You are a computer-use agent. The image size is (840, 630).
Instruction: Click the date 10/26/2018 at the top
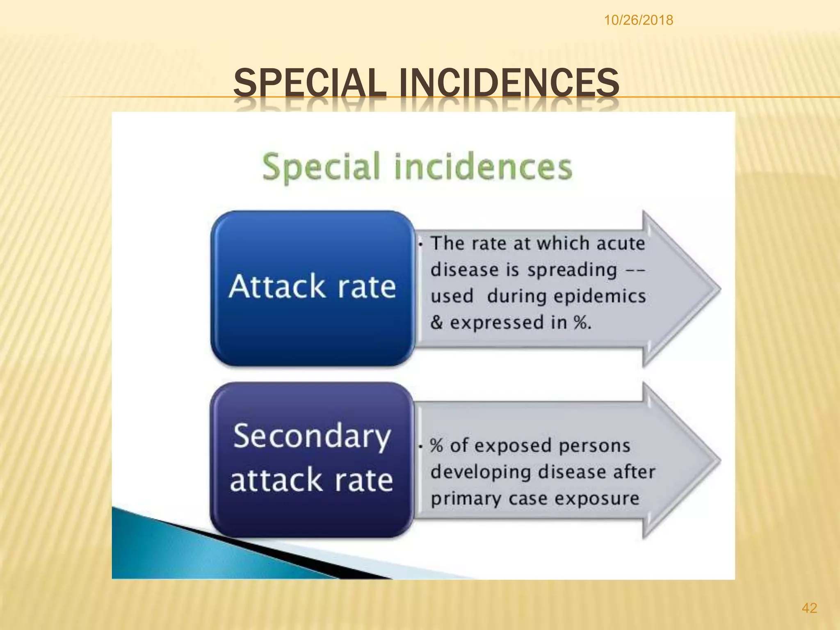(x=638, y=20)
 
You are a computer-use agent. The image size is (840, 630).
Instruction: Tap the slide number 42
(x=809, y=607)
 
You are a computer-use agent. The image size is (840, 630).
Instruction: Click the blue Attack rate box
(x=312, y=287)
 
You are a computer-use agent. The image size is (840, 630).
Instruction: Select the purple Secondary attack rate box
(x=311, y=459)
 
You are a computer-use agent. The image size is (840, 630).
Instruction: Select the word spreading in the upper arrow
(x=572, y=270)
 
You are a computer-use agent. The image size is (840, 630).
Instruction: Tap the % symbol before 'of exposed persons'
(x=436, y=446)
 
